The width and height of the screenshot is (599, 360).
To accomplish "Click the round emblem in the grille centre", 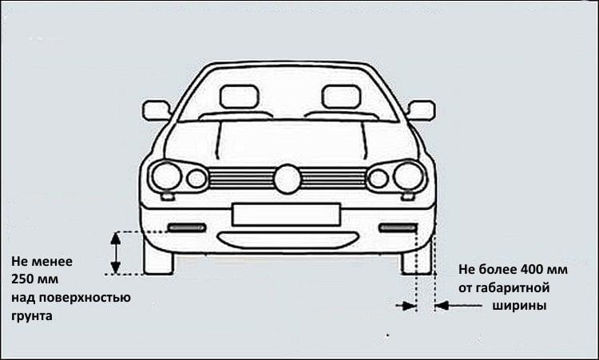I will click(x=288, y=178).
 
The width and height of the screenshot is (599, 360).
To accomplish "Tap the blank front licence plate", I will click(x=286, y=214).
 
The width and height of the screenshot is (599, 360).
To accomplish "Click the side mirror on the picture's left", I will click(x=157, y=110).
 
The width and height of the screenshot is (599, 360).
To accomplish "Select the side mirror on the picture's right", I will click(x=420, y=110).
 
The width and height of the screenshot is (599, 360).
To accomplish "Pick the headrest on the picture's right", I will click(x=341, y=97).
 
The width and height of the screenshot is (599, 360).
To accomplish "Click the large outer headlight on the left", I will click(x=167, y=176).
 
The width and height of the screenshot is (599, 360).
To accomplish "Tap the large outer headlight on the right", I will click(x=408, y=176).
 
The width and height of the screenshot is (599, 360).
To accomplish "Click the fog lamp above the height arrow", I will click(x=187, y=227).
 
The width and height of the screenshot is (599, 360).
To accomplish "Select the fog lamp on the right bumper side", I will click(x=397, y=227).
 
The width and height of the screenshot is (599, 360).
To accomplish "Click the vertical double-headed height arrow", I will click(x=115, y=252).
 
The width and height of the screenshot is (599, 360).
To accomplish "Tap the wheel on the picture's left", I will click(x=158, y=257).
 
